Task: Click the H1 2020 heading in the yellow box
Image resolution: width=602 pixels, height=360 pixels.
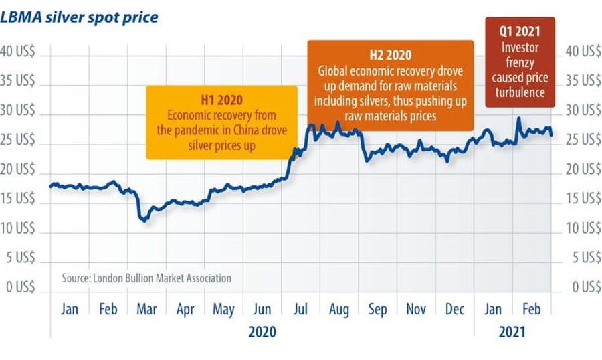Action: (222, 100)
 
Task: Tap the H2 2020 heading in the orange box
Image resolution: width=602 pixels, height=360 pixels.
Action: (391, 55)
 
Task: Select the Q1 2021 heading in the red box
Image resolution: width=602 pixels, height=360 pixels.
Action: (520, 31)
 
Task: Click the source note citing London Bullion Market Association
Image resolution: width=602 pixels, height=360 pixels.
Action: (146, 278)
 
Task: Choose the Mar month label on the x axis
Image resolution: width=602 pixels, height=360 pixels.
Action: (146, 310)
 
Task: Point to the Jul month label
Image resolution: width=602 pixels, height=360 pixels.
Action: (301, 310)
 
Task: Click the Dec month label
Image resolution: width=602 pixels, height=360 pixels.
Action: (455, 310)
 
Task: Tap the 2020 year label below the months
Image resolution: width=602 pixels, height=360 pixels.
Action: (262, 332)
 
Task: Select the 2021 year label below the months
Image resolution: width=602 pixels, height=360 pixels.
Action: (512, 332)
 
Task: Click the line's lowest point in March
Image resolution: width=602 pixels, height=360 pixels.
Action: (142, 220)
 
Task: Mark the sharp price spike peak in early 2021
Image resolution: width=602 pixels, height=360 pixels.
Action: (518, 118)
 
